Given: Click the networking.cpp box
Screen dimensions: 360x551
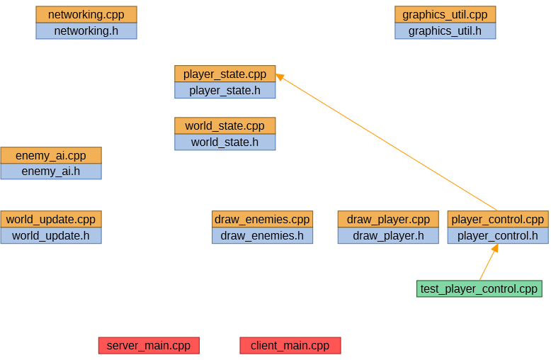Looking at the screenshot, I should tap(86, 14).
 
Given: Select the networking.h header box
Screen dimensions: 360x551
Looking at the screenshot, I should tap(86, 30).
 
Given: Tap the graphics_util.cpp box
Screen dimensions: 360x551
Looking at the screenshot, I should tap(445, 14).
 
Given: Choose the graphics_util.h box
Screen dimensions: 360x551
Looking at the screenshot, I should tap(445, 30).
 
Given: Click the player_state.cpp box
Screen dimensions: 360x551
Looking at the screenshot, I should tap(225, 74).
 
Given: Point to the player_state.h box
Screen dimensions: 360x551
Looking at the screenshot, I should tap(225, 90).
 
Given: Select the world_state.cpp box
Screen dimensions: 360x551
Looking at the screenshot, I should tap(225, 125).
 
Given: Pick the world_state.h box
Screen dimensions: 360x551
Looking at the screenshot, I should tap(225, 142).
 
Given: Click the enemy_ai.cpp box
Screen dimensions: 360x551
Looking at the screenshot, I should tap(51, 155).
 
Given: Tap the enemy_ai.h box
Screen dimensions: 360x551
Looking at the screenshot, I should tap(51, 171).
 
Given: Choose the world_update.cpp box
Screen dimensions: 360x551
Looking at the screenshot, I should tap(51, 219).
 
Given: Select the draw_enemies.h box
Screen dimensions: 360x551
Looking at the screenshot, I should tap(262, 235).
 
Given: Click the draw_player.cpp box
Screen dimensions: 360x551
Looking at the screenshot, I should tap(388, 219).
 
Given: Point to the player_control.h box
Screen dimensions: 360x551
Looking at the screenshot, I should tap(497, 235).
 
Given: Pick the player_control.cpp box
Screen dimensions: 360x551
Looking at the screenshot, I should tap(497, 219).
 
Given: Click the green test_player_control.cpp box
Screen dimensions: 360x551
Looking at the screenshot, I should tap(479, 288).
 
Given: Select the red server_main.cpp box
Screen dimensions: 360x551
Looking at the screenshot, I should tap(149, 345).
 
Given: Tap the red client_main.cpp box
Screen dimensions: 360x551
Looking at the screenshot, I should tap(290, 345).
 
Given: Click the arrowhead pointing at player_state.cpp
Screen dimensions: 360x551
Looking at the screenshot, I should tap(280, 77).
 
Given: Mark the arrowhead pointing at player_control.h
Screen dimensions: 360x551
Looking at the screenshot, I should tap(495, 248).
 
